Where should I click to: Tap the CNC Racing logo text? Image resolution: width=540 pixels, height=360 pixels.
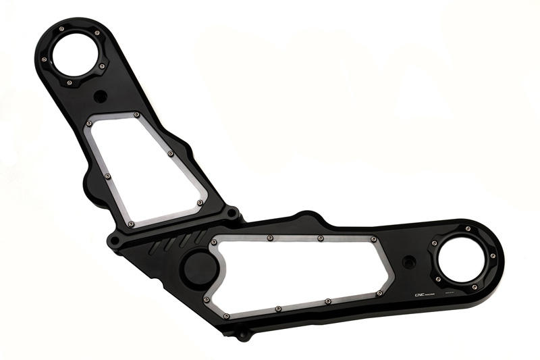point(424,294)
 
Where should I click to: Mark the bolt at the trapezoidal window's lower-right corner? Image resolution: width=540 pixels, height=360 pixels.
point(200,202)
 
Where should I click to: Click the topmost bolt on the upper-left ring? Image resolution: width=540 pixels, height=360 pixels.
point(61,29)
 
